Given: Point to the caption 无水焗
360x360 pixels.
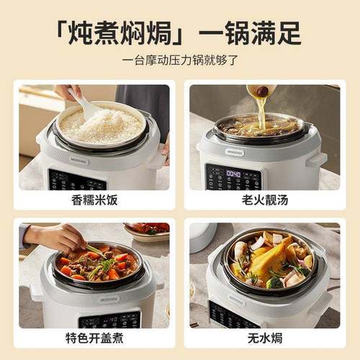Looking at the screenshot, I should coord(263,338).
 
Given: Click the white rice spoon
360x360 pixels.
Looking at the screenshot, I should coord(86,106).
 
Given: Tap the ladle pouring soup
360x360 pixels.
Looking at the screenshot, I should coord(261,91).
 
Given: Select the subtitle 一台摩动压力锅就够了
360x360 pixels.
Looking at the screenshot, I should coord(180,60).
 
